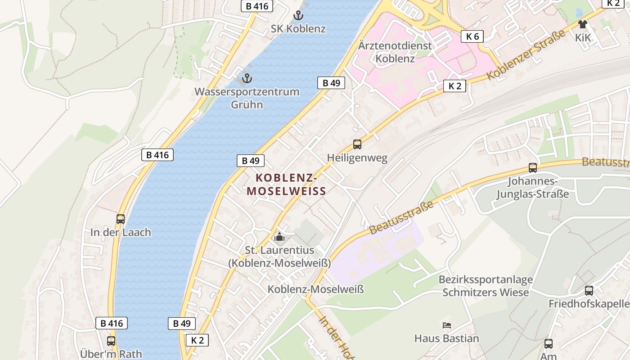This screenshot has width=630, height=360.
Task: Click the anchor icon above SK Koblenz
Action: pos(298,16)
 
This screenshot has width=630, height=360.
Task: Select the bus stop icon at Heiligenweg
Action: pos(357,144)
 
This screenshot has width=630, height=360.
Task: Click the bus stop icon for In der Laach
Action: pos(121,219)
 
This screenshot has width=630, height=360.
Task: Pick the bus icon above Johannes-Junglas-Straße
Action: pos(533,168)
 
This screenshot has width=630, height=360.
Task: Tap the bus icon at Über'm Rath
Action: pos(111,341)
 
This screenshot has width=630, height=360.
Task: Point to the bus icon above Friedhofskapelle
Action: pos(589,291)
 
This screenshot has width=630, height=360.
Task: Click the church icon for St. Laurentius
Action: pos(279,236)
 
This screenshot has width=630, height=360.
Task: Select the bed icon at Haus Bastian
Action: pos(447,325)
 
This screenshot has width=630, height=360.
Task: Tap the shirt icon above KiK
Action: pos(583,24)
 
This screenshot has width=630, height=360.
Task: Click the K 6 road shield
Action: pos(472,36)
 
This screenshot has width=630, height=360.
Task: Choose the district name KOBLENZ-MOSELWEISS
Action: pos(286,184)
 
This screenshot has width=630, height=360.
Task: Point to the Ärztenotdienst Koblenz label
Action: pos(395,52)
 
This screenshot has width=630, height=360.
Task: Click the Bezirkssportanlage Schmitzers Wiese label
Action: pos(486,286)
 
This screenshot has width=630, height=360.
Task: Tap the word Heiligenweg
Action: pos(357,158)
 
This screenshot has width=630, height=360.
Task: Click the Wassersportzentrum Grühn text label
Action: pos(247,98)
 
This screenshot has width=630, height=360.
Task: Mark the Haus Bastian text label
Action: pos(446,338)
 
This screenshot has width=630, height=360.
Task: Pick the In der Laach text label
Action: pos(121,233)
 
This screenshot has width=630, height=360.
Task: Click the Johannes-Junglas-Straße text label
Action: pos(533,188)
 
